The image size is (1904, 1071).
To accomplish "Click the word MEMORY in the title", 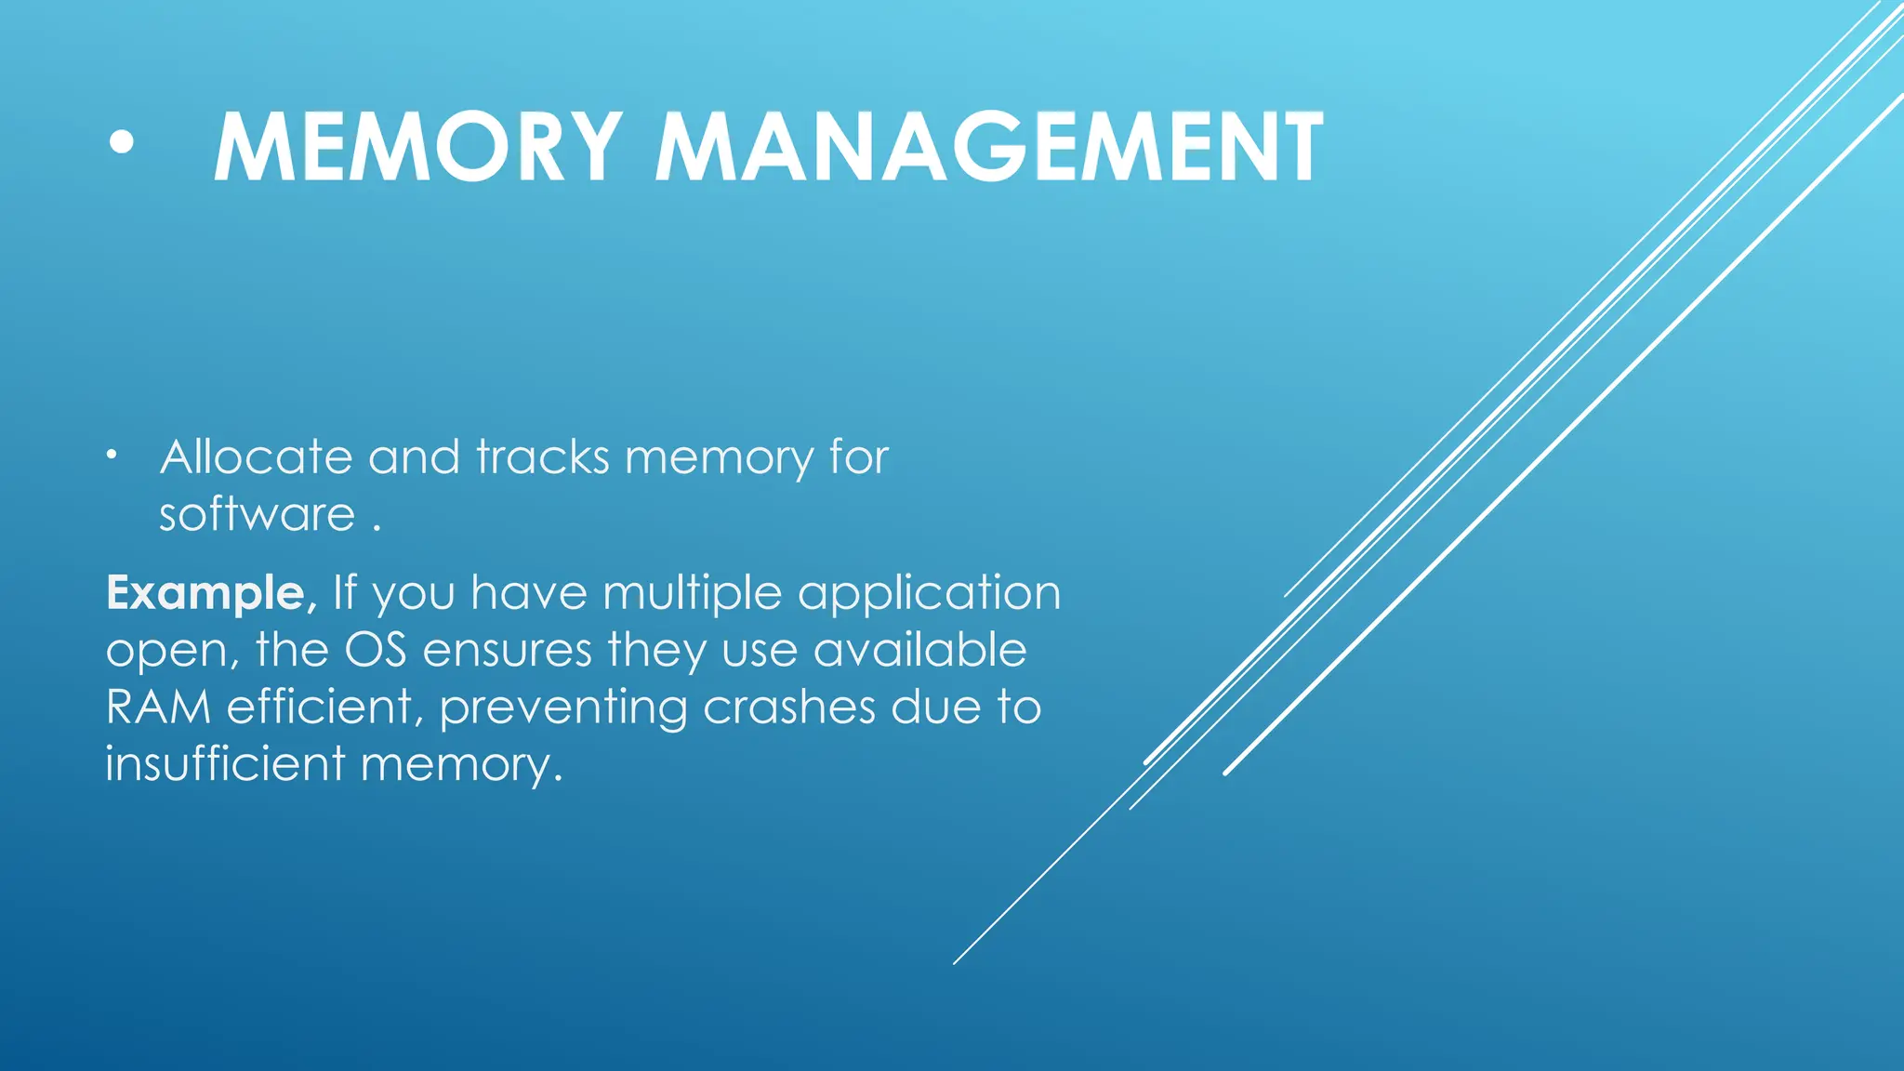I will tap(417, 148).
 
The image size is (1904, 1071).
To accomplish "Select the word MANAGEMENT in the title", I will tap(989, 148).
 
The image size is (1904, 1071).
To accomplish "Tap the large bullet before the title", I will tap(121, 143).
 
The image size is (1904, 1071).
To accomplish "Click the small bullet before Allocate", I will tap(112, 456).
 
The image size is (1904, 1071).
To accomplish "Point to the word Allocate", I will tap(256, 457).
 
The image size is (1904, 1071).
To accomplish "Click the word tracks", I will tap(543, 457).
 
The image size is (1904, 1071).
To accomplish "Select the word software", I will tap(257, 515).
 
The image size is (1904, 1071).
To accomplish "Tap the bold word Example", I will tap(205, 593).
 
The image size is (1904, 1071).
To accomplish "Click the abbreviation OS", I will tap(376, 650).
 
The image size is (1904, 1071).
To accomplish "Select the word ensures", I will tap(507, 650).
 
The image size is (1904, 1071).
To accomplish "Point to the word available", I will tap(919, 650).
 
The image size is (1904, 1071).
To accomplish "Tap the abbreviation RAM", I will tap(158, 707).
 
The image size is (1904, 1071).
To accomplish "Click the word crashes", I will tap(789, 707).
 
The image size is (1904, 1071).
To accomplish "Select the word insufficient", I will tap(225, 763).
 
